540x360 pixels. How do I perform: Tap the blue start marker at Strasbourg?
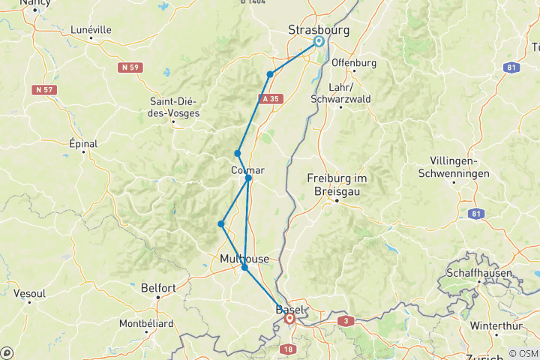point(319,42)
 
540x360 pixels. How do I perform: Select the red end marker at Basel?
point(289,319)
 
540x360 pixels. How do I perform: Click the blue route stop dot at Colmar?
point(248,178)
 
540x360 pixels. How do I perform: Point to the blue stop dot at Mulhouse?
point(244,267)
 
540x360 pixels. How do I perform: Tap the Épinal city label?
point(83,142)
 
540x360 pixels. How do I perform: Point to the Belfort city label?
point(158,287)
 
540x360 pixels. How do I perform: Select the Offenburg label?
point(353,62)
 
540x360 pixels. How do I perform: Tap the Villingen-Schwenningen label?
point(460,167)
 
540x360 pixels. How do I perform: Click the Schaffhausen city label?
point(480,274)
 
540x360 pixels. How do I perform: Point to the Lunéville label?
point(90,30)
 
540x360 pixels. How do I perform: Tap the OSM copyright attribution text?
point(522,353)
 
